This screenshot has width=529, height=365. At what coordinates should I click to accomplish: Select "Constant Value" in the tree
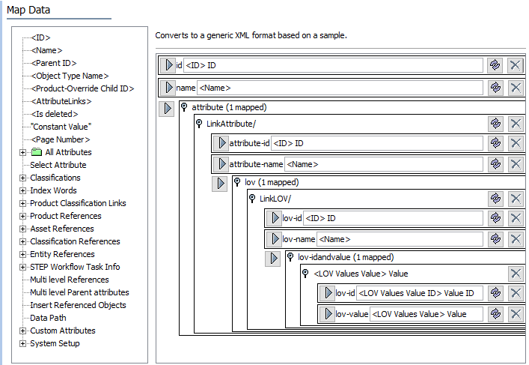tap(61, 127)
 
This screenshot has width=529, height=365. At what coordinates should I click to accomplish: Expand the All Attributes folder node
tap(22, 152)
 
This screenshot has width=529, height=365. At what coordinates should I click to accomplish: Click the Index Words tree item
tap(53, 190)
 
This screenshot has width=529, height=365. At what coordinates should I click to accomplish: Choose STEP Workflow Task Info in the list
tap(75, 267)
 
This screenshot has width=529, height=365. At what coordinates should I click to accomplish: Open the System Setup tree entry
tap(55, 343)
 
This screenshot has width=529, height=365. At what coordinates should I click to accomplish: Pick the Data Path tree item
tap(48, 318)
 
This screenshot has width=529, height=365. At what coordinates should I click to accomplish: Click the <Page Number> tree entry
tap(61, 139)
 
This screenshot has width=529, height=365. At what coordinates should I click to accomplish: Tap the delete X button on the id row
tap(516, 65)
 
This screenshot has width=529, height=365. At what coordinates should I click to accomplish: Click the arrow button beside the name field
tap(169, 88)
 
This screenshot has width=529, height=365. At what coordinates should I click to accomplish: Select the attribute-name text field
tap(384, 163)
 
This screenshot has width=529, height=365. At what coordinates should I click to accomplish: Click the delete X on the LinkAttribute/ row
tap(516, 123)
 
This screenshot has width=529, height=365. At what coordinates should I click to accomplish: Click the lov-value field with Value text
tap(426, 314)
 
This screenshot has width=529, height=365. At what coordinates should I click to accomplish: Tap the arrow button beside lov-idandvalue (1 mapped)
tap(273, 258)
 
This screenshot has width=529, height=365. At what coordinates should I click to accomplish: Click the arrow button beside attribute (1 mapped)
tap(167, 109)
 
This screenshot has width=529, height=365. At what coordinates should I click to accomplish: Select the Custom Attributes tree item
tap(62, 331)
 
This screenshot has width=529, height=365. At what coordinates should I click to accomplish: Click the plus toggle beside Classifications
tap(22, 178)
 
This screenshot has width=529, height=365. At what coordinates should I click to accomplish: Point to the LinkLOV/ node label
tap(274, 198)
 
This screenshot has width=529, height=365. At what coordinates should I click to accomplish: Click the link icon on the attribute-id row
tap(495, 143)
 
